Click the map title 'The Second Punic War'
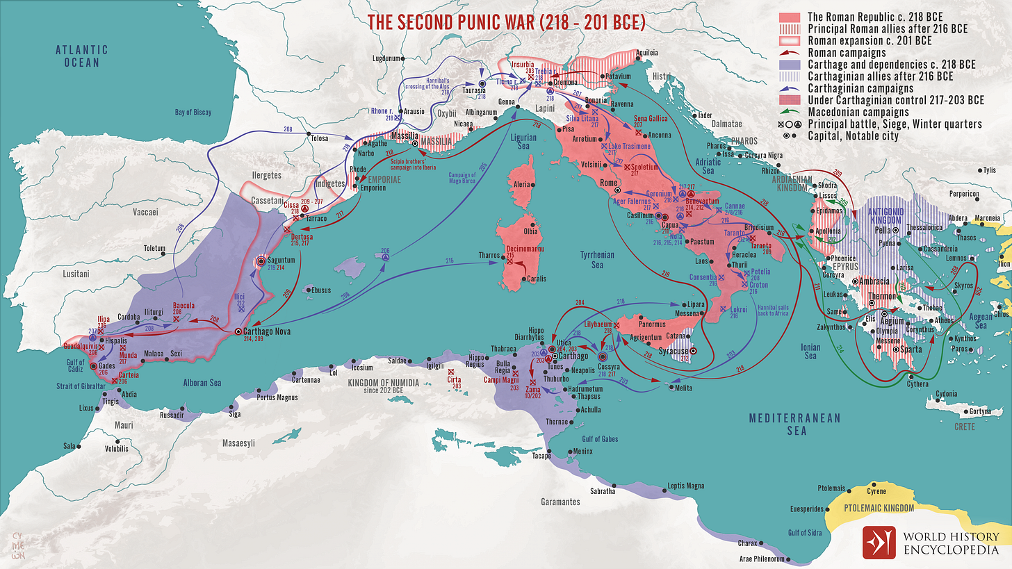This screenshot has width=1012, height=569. click(506, 22)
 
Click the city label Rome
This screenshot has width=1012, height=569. click(608, 183)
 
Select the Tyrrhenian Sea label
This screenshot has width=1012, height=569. click(598, 260)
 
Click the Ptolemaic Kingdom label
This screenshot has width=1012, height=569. click(879, 509)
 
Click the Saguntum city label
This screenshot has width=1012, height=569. click(281, 259)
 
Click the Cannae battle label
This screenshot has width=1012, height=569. click(734, 206)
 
